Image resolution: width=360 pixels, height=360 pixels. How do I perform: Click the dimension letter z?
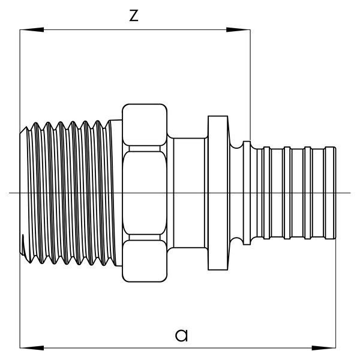[x=134, y=16]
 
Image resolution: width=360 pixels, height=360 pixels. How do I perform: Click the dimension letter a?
[x=181, y=334]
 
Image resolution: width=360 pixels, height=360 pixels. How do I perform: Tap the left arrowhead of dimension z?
[x=26, y=29]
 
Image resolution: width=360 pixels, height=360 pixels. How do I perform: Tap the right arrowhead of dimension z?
[x=242, y=29]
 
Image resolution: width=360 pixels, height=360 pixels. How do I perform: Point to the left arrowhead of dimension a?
[x=26, y=347]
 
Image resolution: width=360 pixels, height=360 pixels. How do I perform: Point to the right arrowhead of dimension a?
[x=327, y=347]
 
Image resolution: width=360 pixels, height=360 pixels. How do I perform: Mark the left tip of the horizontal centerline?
[x=10, y=193]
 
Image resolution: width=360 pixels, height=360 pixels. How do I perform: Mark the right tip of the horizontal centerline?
[x=350, y=193]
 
